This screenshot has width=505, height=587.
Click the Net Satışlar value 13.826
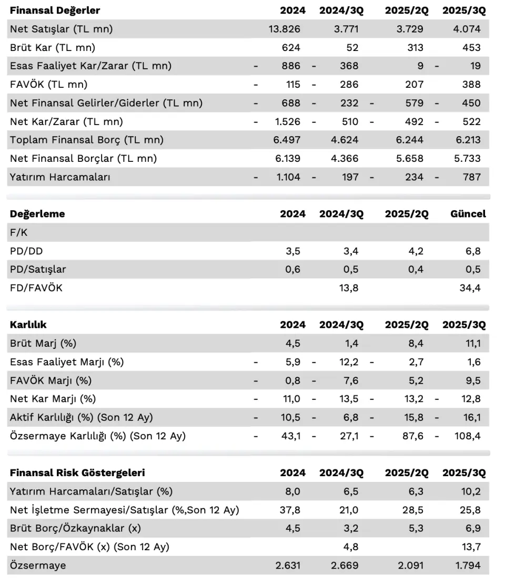(x=285, y=29)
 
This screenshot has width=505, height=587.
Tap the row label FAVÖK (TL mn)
(x=48, y=85)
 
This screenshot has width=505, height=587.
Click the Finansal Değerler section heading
(x=55, y=11)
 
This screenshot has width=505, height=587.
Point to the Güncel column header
(x=468, y=214)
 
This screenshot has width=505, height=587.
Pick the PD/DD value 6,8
(x=473, y=251)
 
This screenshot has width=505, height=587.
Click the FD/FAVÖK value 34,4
(x=470, y=288)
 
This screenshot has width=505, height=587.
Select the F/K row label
(x=18, y=232)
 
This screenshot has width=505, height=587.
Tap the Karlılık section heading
(x=28, y=325)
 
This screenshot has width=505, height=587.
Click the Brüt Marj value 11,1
(x=473, y=344)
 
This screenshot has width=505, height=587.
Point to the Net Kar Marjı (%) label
(x=53, y=399)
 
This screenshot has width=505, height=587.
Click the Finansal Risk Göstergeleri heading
(x=77, y=472)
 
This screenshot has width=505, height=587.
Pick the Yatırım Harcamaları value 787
(x=471, y=177)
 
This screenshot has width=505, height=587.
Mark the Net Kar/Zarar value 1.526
(x=288, y=122)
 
